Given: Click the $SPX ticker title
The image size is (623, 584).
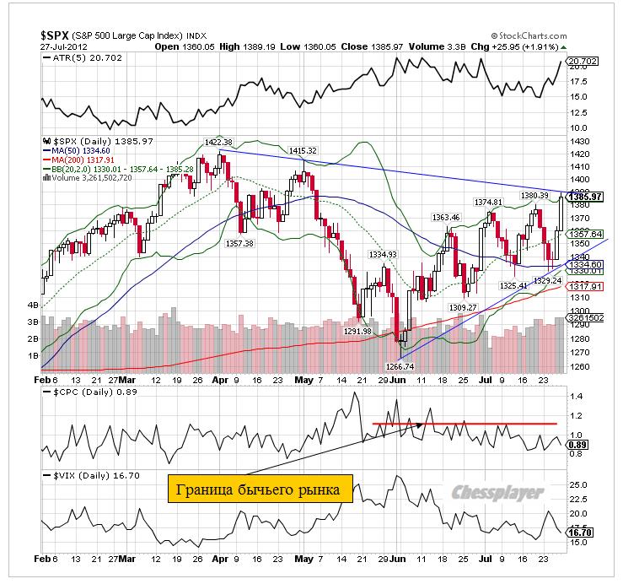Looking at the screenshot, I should (x=56, y=35).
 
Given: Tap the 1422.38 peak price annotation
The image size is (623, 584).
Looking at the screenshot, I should (x=218, y=142).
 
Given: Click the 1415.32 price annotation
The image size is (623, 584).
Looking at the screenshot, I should (x=302, y=150).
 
